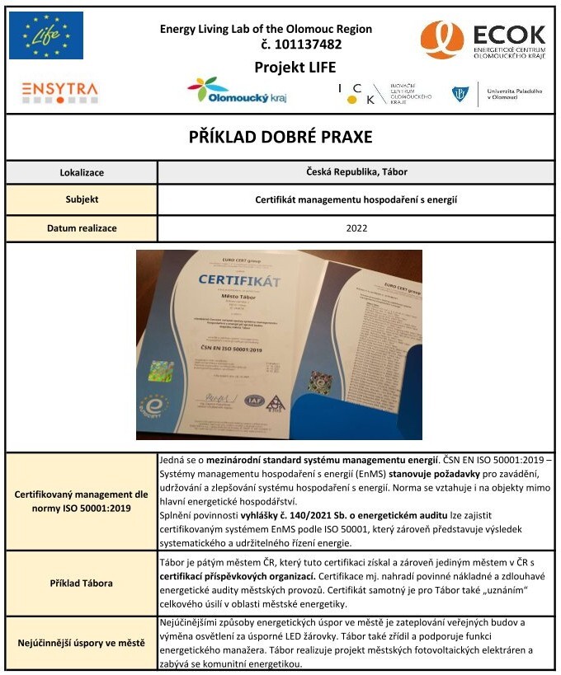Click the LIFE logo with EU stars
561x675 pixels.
click(x=46, y=35)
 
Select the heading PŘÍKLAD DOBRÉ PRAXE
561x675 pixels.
click(x=280, y=137)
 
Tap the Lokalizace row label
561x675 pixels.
click(x=82, y=173)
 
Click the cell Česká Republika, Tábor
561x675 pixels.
click(x=356, y=173)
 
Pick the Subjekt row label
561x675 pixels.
click(x=82, y=199)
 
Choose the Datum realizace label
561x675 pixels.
click(x=82, y=228)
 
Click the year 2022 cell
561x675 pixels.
click(x=356, y=228)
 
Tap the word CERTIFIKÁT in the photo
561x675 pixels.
click(x=239, y=282)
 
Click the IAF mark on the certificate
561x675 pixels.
click(x=254, y=401)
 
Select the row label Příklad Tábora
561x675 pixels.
click(x=82, y=583)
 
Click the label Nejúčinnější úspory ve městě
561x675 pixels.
click(x=82, y=643)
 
